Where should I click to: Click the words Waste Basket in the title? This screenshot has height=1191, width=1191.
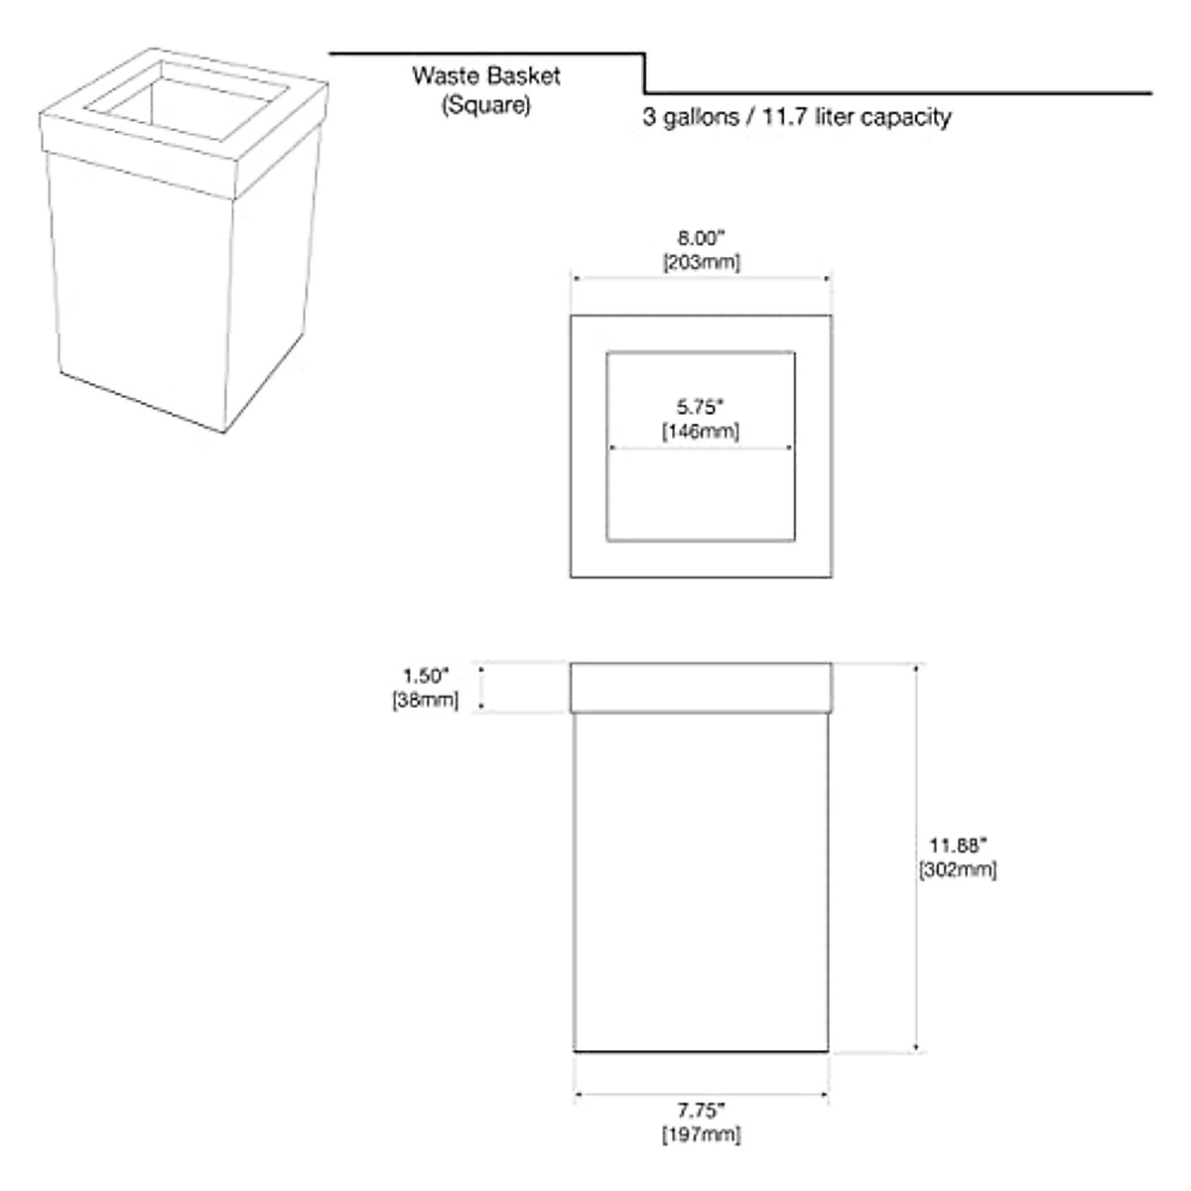click(486, 75)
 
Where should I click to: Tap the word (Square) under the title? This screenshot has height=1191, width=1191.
click(486, 104)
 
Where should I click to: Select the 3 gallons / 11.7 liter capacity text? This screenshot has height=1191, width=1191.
click(796, 117)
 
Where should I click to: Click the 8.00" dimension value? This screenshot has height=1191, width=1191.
click(701, 239)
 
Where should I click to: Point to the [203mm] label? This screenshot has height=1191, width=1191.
click(701, 262)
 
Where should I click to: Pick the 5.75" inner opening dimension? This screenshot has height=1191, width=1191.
click(701, 407)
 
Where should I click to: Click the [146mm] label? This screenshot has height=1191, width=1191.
click(701, 431)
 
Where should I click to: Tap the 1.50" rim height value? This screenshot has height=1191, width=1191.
click(426, 676)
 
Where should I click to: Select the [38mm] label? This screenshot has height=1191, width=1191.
click(426, 700)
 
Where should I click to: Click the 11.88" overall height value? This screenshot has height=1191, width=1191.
click(958, 846)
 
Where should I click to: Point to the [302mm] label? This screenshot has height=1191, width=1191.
click(958, 869)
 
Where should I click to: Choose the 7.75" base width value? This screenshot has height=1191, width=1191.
click(701, 1111)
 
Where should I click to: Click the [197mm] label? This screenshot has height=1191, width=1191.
click(701, 1134)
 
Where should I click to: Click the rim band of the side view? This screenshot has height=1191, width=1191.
click(701, 687)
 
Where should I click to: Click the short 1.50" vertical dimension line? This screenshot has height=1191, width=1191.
click(482, 687)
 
